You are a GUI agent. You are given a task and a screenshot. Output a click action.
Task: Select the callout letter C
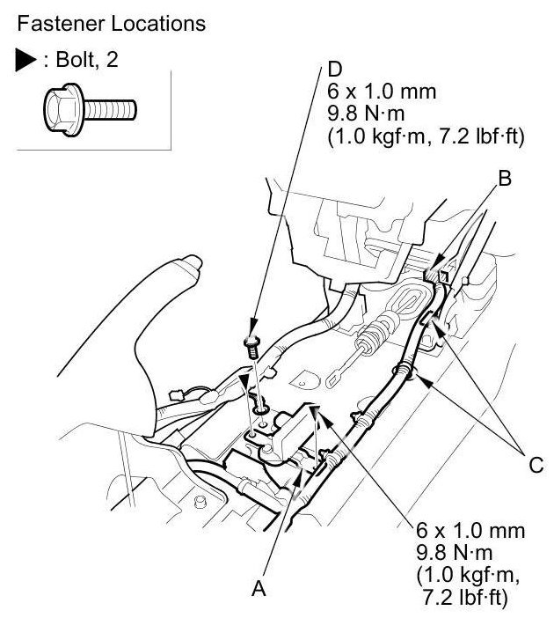pos(535,465)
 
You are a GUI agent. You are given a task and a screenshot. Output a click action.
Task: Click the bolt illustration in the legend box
pos(89,107)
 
